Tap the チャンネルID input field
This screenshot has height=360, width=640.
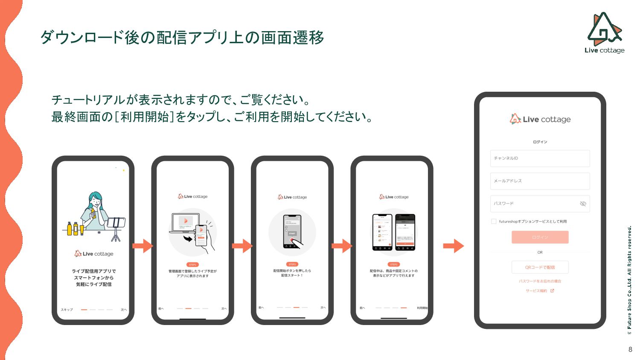point(540,158)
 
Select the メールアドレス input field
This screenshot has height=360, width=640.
point(540,181)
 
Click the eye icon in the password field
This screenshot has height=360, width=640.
point(583,204)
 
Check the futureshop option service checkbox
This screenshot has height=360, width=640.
point(494,221)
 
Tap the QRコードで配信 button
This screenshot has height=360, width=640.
point(540,267)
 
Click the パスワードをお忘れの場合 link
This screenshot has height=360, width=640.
point(540,281)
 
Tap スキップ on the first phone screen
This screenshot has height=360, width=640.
point(67,310)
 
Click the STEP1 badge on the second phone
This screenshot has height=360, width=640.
point(192,264)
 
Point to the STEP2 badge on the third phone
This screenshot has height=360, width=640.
point(292,264)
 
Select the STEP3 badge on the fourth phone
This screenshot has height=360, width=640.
point(393,264)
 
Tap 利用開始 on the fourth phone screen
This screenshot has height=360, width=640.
point(422,308)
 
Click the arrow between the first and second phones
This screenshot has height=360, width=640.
point(143,246)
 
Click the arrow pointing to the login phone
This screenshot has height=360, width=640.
point(453,246)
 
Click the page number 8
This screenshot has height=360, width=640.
point(630,349)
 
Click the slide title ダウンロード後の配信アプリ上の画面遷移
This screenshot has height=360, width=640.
point(182,38)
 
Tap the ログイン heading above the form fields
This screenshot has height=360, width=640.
point(540,142)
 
